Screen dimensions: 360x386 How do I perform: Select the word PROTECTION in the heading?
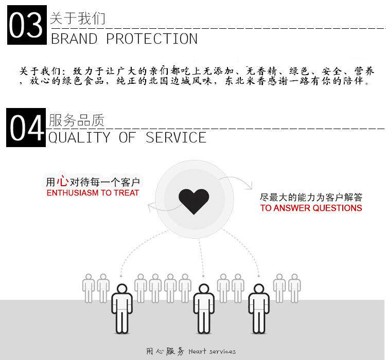152,39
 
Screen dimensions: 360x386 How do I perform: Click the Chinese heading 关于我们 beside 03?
77,19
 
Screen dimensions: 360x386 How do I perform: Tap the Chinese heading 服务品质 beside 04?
77,120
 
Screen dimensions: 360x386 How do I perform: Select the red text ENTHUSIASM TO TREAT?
93,193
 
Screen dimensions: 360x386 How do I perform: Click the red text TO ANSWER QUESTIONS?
311,208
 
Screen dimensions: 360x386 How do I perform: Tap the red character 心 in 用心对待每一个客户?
62,182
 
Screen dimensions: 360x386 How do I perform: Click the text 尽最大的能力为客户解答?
311,197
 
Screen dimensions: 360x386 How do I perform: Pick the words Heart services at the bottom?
212,351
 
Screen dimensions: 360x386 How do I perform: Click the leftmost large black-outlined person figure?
121,309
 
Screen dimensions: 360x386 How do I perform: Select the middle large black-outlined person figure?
203,309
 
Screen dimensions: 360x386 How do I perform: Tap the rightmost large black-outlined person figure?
259,309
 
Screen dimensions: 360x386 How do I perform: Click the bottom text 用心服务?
165,351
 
